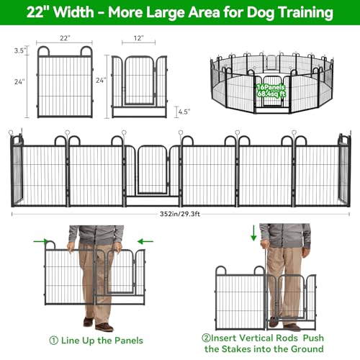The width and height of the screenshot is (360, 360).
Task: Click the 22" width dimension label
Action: pos(65,38)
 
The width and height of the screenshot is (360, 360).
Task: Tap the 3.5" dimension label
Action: pos(19,50)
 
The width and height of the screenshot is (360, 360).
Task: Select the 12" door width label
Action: pos(138,38)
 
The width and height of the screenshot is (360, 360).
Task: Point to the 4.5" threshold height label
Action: pos(184,112)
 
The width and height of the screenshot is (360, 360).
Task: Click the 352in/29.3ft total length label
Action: pos(180,214)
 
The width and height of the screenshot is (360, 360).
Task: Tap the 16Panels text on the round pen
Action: pos(271,87)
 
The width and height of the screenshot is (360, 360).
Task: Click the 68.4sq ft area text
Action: pos(271,94)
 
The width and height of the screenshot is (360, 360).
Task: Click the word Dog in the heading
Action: pos(261,13)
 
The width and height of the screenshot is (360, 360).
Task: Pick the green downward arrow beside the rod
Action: pos(253,233)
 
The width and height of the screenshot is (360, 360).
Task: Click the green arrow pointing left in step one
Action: pos(145,241)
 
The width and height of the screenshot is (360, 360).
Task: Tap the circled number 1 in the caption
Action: pos(53,341)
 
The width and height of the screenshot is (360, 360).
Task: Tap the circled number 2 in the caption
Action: pos(206,338)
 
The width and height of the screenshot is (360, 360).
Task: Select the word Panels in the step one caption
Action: pos(129,341)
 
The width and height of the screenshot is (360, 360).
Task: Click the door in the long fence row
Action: pos(153,170)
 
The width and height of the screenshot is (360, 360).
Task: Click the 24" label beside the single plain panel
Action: pos(19,82)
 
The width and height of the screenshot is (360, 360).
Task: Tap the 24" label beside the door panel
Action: pos(101,80)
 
